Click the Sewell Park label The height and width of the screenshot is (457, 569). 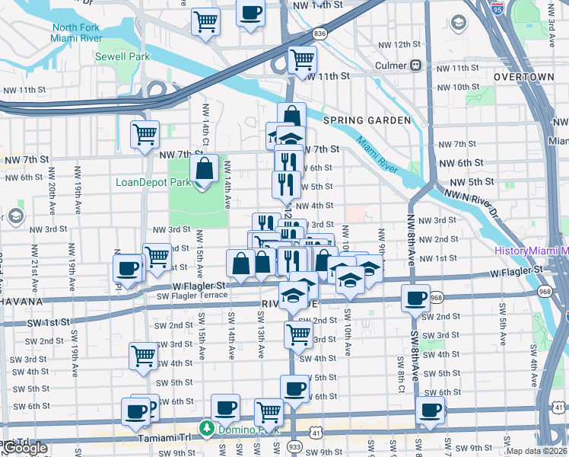(120, 56)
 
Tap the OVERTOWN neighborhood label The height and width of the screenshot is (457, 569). (523, 78)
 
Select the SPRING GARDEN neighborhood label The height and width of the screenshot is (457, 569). (367, 120)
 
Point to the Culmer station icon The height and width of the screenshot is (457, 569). (415, 66)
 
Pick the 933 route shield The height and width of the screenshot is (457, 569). (295, 444)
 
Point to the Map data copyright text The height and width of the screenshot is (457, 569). (536, 451)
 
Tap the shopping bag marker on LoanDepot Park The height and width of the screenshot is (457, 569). (205, 169)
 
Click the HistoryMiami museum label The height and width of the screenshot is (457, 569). (530, 251)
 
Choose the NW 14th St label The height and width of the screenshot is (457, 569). (318, 5)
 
